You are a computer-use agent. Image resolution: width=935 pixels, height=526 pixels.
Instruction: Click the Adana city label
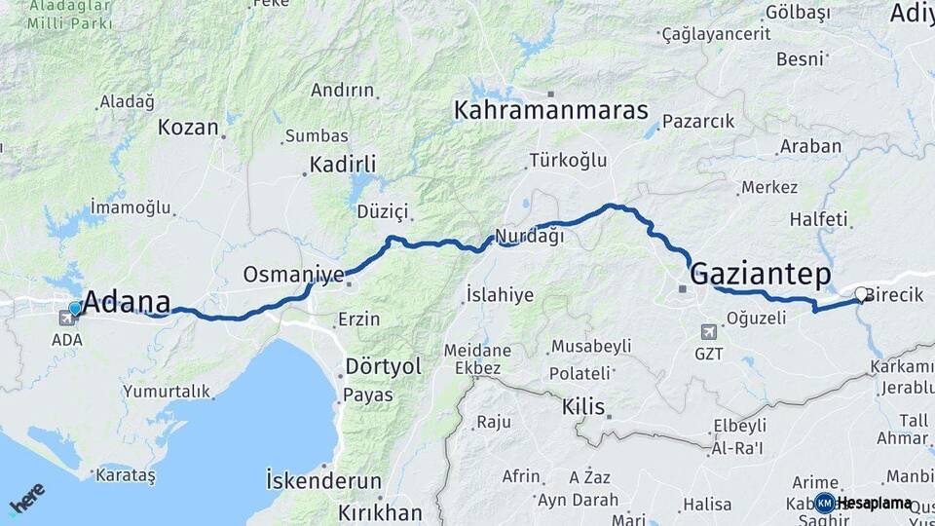(x=128, y=302)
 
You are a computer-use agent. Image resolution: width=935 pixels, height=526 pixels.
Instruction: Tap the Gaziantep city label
(x=760, y=275)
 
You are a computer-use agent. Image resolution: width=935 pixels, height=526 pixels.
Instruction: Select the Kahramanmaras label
(x=550, y=110)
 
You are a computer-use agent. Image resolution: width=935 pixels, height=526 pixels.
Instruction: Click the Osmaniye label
(x=293, y=275)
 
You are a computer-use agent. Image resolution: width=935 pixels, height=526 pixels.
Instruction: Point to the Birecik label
(x=894, y=295)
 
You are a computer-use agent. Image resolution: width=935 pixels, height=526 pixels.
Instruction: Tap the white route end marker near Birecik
(x=861, y=294)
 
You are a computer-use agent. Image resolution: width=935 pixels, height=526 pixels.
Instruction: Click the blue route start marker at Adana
(x=75, y=309)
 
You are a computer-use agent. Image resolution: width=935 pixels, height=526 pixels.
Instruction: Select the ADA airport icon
(x=67, y=317)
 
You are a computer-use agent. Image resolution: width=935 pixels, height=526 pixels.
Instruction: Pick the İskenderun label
(x=323, y=480)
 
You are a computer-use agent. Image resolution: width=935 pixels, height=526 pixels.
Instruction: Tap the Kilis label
(x=583, y=407)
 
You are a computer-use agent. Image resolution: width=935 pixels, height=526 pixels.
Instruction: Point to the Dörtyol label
(x=384, y=367)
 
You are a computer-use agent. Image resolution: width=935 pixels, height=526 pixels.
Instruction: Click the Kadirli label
(x=343, y=164)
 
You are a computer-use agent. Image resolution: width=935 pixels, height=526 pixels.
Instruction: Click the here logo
(x=26, y=498)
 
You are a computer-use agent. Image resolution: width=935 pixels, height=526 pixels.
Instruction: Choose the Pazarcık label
(x=697, y=122)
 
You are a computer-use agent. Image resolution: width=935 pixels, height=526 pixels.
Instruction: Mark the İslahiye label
(x=500, y=294)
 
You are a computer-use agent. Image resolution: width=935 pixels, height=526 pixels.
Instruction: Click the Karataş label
(x=127, y=475)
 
